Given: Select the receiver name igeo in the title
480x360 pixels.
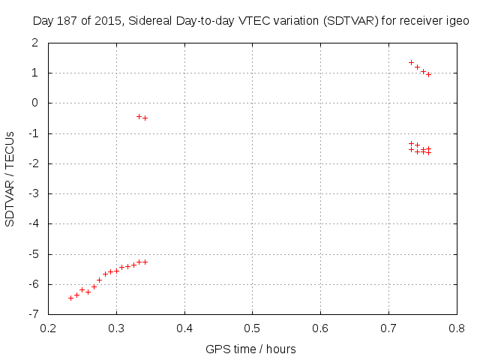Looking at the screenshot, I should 457,22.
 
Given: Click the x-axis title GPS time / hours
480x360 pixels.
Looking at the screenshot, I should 251,349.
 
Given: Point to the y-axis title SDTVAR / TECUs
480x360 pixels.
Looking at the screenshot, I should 10,178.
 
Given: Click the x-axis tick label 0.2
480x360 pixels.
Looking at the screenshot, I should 48,328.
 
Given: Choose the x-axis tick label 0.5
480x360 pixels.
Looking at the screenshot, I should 252,328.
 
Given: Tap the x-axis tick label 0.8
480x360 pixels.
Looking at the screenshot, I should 456,328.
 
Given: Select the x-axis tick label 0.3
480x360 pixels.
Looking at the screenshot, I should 116,328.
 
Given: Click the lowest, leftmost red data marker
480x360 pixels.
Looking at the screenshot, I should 70,298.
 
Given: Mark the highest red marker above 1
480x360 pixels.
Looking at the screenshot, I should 411,62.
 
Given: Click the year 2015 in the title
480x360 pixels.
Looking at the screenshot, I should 106,22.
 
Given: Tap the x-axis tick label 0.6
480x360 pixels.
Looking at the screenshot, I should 320,328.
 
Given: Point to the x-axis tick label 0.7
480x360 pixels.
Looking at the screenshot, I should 388,328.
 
